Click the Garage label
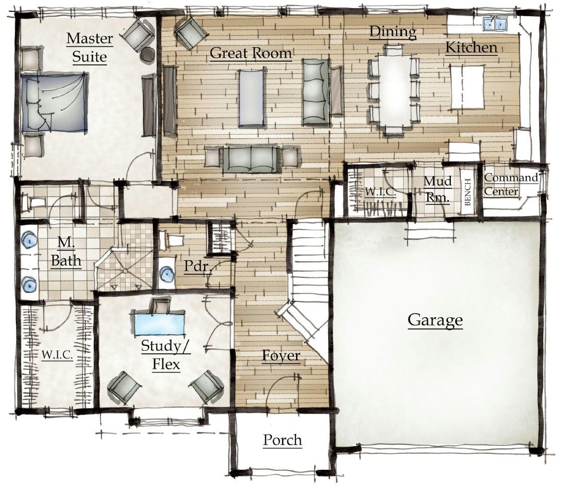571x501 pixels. (435, 320)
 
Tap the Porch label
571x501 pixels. (282, 440)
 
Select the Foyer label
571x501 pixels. (281, 356)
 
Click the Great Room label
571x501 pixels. (251, 53)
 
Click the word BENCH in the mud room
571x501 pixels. (467, 193)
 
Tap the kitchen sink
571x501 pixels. (495, 23)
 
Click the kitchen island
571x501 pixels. (467, 86)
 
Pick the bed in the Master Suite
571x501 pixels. (52, 102)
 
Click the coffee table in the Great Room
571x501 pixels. (251, 97)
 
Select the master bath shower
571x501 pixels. (123, 266)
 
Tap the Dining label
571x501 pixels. (393, 32)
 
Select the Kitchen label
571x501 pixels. (471, 48)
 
